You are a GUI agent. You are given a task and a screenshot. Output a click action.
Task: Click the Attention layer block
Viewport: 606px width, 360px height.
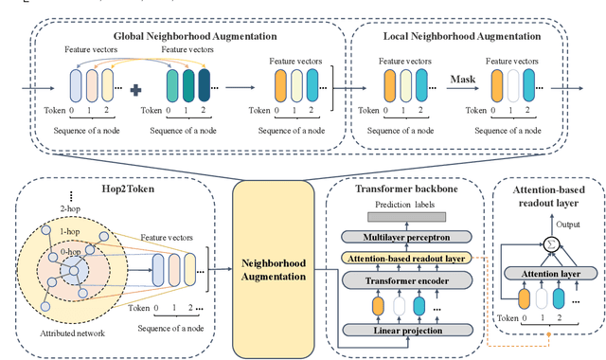tap(541, 273)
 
